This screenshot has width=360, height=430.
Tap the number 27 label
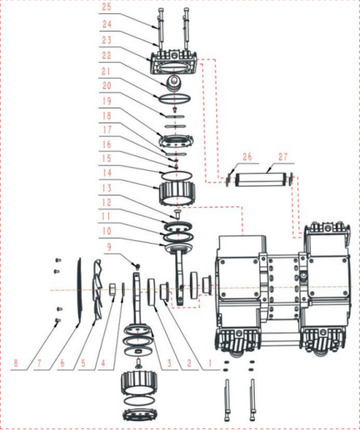pyautogui.click(x=283, y=157)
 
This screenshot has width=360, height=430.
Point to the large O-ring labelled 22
pyautogui.click(x=176, y=96)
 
